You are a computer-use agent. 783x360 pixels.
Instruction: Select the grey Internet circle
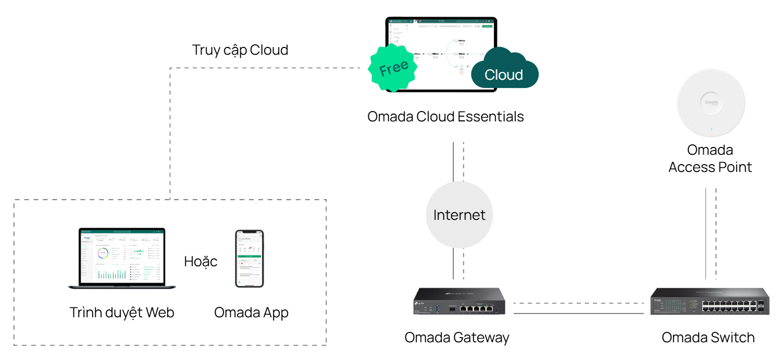(x=459, y=215)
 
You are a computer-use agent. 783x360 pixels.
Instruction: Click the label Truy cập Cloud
(x=240, y=50)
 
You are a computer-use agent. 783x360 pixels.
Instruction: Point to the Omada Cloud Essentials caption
(x=445, y=117)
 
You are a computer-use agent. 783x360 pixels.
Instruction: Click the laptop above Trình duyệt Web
(x=122, y=258)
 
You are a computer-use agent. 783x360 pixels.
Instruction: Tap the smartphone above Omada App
(x=249, y=258)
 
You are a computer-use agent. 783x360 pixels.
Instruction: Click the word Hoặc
(x=201, y=261)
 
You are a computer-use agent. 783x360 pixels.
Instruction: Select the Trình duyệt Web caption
(x=122, y=313)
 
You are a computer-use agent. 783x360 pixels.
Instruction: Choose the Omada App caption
(x=251, y=313)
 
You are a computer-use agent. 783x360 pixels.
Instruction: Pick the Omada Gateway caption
(x=457, y=338)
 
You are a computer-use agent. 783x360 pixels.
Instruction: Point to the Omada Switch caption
(x=708, y=338)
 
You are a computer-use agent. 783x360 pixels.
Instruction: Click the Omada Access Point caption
(x=710, y=158)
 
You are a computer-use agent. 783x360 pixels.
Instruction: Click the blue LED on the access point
(x=711, y=128)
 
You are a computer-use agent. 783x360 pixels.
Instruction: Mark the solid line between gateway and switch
(x=578, y=313)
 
